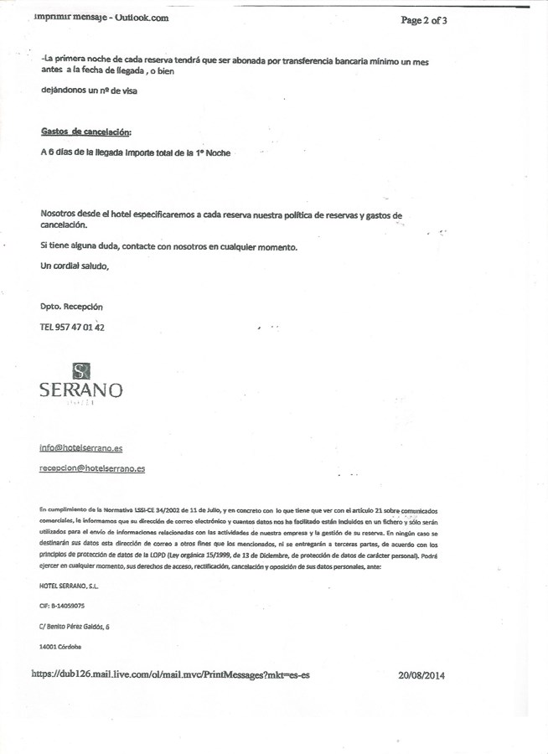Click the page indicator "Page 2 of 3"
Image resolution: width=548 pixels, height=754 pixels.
[x=423, y=20]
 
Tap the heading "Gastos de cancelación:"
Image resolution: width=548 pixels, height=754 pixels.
[x=85, y=132]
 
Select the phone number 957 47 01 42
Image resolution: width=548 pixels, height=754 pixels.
[x=82, y=328]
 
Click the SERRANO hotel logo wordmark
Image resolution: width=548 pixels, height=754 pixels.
[x=81, y=390]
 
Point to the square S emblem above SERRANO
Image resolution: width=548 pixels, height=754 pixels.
[x=81, y=369]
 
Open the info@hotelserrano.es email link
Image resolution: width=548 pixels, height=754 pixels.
[x=80, y=448]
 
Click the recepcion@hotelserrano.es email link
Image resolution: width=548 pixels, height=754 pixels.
[x=92, y=469]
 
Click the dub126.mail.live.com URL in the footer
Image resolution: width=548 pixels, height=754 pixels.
[x=171, y=674]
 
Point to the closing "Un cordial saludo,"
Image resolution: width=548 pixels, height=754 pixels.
[x=75, y=266]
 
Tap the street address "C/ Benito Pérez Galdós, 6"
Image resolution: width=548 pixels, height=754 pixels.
[x=75, y=626]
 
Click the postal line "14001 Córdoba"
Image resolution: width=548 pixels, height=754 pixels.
[x=60, y=646]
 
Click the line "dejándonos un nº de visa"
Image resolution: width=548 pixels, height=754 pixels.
[x=88, y=91]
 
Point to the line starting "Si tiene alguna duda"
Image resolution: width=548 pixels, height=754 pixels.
[x=168, y=246]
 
